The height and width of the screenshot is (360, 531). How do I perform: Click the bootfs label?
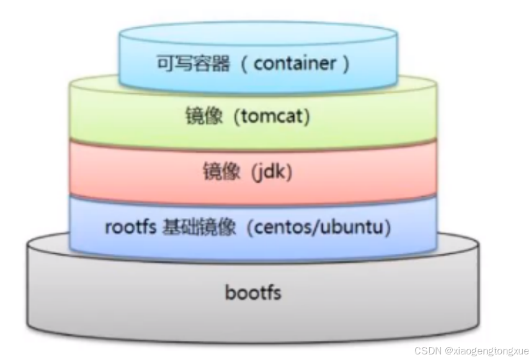tap(253, 291)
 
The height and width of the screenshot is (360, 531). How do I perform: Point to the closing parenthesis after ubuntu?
tap(388, 228)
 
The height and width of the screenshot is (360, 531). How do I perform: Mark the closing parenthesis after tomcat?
tap(306, 116)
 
